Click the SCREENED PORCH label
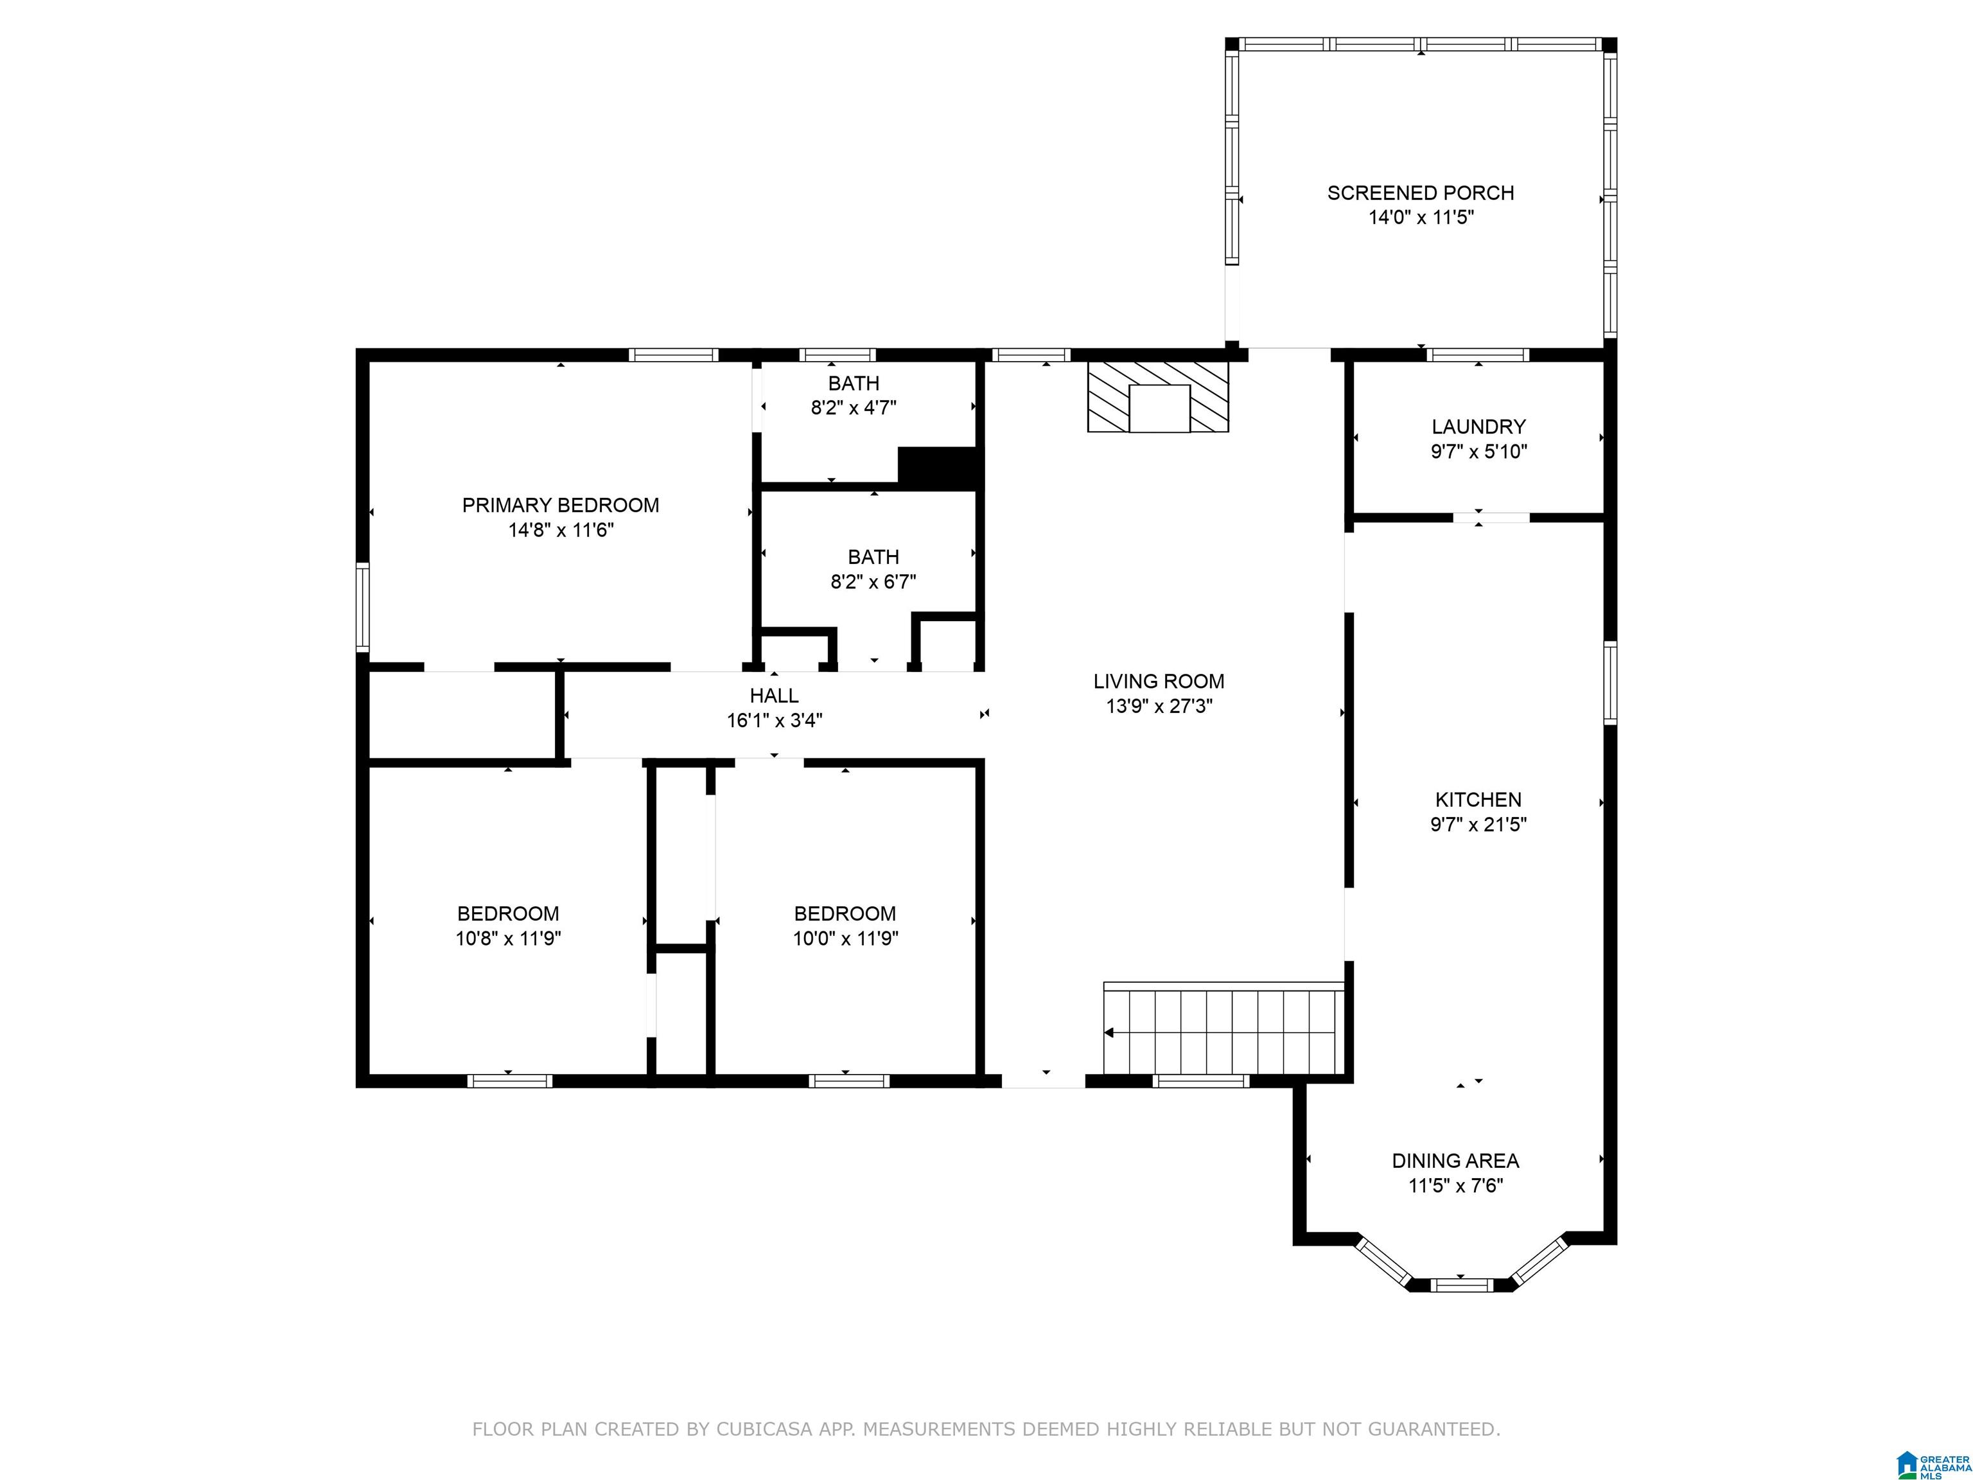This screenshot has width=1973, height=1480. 1420,193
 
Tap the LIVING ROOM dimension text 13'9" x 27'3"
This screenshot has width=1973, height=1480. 1159,707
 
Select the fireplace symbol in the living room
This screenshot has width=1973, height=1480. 1158,397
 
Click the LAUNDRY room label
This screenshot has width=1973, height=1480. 1479,427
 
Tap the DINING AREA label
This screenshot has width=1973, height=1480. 1456,1161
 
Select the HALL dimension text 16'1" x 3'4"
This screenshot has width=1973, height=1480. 774,721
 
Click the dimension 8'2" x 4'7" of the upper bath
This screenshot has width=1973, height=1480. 854,409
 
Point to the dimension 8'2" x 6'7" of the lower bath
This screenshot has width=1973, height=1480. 873,581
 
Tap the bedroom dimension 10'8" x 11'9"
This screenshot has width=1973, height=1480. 509,938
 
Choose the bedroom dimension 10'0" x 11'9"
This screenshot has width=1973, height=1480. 846,938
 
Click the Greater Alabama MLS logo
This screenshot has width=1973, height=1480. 1933,1465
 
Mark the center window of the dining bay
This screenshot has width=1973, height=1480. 1461,1285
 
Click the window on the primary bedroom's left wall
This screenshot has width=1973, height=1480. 362,606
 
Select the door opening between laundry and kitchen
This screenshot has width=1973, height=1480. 1491,517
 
